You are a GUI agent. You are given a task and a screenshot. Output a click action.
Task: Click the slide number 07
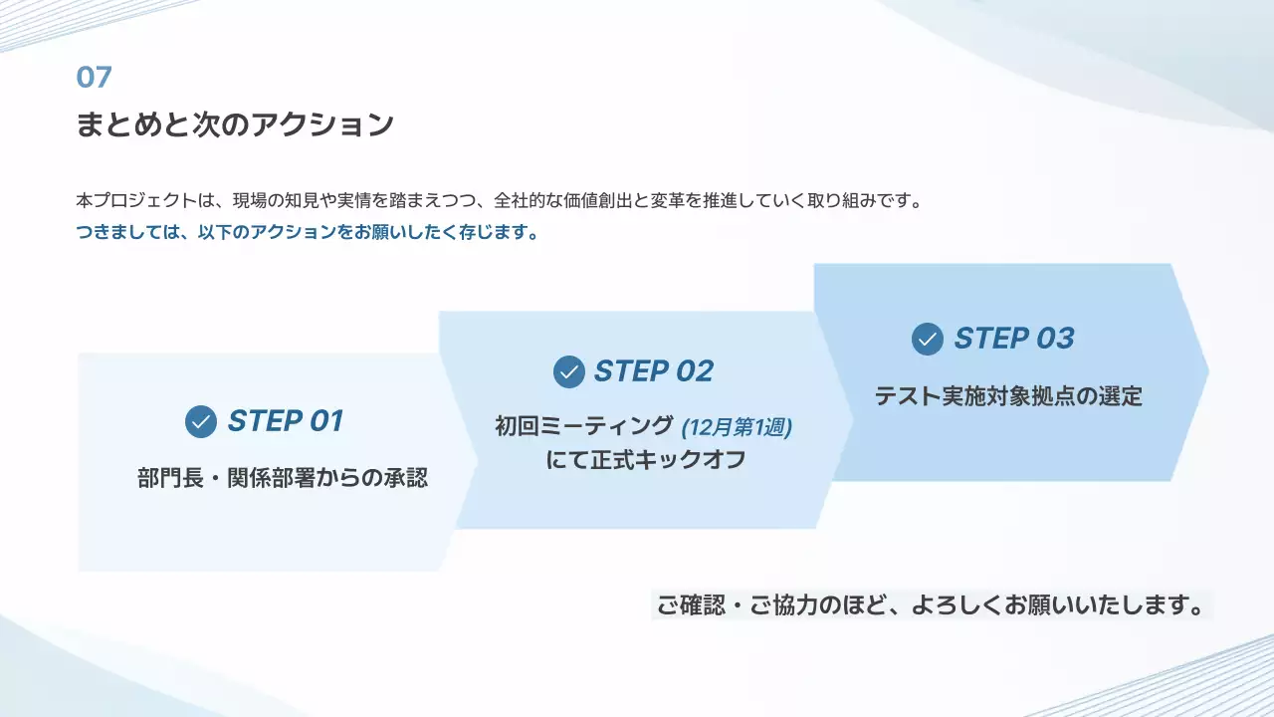pos(94,77)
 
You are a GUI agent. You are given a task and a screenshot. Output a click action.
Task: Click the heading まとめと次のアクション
pos(235,125)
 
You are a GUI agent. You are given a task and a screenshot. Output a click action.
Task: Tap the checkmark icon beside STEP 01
pos(201,421)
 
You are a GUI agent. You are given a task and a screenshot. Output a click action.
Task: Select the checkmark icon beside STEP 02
pos(569,371)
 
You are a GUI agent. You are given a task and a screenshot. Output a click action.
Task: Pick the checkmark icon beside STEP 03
pos(928,339)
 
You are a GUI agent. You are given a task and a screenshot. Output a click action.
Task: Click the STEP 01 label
pos(285,421)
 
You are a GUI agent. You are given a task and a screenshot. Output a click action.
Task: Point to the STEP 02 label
pos(654,371)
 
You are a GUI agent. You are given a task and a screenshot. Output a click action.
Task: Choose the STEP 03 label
pos(1014,339)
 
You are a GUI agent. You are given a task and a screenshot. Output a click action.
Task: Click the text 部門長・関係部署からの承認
pos(283,478)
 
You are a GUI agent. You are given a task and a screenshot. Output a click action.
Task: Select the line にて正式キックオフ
pos(646,461)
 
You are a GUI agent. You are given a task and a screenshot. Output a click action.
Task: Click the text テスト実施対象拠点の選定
pos(1008,396)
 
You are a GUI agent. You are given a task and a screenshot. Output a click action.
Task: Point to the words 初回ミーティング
pos(584,427)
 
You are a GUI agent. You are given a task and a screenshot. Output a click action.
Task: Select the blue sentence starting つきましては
pos(308,234)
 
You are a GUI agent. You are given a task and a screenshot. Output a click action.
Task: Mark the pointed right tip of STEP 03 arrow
pos(1206,371)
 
